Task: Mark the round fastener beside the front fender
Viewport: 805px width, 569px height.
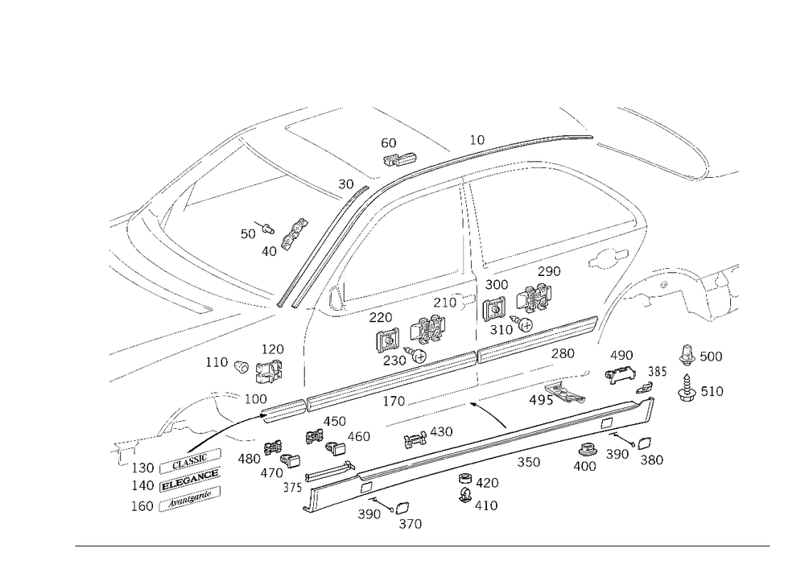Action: pyautogui.click(x=239, y=366)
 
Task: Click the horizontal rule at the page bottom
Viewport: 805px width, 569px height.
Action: pyautogui.click(x=423, y=545)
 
